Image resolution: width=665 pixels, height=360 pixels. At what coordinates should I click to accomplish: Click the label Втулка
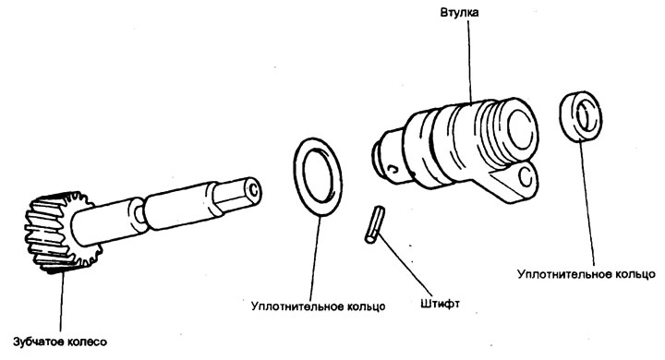pyautogui.click(x=459, y=12)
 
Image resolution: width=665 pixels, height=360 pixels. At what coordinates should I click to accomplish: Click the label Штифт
pyautogui.click(x=441, y=304)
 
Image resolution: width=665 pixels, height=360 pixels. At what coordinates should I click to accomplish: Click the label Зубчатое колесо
pyautogui.click(x=60, y=342)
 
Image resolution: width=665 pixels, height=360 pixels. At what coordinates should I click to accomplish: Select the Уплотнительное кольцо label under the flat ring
pyautogui.click(x=318, y=306)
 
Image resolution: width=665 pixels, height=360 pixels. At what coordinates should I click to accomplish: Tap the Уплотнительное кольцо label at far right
pyautogui.click(x=586, y=274)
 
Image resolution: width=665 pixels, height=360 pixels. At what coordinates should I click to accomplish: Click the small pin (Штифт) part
pyautogui.click(x=374, y=224)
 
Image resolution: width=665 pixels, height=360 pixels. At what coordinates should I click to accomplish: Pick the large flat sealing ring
pyautogui.click(x=318, y=177)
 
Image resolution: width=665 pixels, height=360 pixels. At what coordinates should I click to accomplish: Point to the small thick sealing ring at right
pyautogui.click(x=580, y=117)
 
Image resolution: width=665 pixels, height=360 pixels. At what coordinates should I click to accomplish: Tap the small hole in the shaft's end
pyautogui.click(x=253, y=190)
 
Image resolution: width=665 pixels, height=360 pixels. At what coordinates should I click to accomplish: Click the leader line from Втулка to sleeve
pyautogui.click(x=470, y=61)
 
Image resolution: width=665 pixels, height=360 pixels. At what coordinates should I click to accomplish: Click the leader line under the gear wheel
pyautogui.click(x=62, y=302)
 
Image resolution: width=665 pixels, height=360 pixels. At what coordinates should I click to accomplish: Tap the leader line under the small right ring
pyautogui.click(x=587, y=204)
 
